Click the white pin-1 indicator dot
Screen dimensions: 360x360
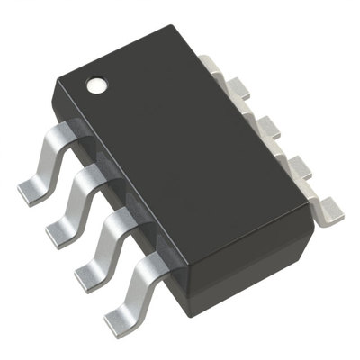96,87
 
